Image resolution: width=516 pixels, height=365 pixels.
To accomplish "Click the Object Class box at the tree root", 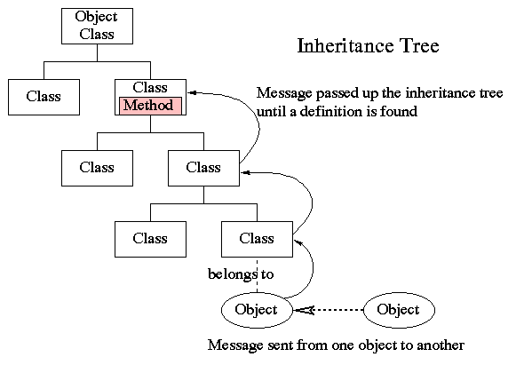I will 96,25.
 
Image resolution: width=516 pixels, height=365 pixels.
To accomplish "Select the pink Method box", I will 150,106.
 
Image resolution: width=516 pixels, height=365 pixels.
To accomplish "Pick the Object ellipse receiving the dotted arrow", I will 257,310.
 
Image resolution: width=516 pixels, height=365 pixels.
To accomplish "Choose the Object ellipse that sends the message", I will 399,310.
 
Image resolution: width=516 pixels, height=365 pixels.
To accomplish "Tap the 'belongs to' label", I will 240,274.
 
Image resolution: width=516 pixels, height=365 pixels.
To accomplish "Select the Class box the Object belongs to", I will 257,238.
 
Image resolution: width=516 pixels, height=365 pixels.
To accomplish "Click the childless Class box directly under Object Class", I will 43,96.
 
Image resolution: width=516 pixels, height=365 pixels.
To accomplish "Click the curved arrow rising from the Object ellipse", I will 307,271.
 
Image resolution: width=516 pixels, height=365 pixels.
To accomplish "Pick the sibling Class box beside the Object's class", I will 150,238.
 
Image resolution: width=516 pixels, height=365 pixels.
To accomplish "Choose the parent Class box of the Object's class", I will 203,167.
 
